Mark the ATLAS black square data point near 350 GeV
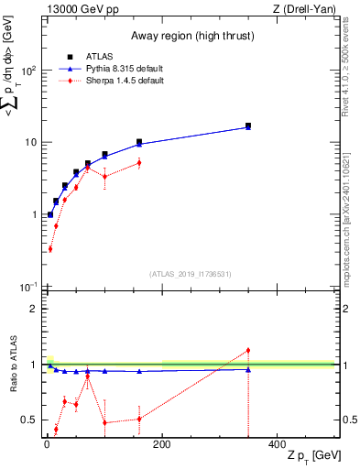pyautogui.click(x=247, y=125)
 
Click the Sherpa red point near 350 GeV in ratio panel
pyautogui.click(x=247, y=351)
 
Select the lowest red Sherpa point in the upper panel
pyautogui.click(x=49, y=248)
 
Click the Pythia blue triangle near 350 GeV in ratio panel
pyautogui.click(x=247, y=369)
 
